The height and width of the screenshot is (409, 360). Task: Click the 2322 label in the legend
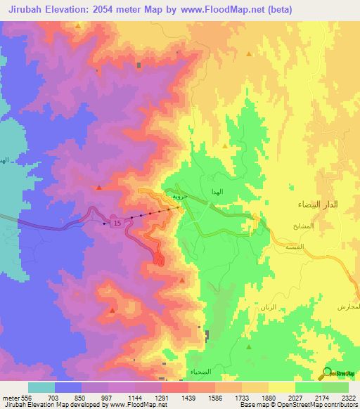click(348, 398)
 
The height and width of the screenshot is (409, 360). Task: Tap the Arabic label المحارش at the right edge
click(349, 308)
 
